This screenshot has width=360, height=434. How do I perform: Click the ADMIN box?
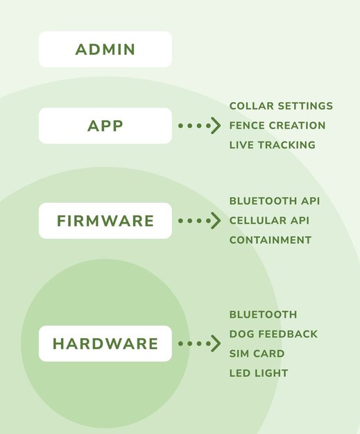105,49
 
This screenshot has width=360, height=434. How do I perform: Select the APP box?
105,126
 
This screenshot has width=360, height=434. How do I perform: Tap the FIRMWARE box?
105,221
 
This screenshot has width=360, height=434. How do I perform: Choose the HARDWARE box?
105,344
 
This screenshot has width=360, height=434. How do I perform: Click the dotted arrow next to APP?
199,126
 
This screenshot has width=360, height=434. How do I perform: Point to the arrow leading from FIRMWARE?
199,221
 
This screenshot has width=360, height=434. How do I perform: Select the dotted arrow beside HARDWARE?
199,344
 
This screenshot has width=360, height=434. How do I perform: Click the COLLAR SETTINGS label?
281,106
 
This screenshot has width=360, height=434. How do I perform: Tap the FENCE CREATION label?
277,126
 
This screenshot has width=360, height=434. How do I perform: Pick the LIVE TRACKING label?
273,145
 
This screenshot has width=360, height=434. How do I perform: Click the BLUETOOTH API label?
275,201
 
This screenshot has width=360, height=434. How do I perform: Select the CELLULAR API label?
269,221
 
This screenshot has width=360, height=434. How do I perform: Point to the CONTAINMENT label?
271,240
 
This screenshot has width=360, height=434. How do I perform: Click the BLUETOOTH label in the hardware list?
263,315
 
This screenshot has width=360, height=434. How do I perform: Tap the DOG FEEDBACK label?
273,334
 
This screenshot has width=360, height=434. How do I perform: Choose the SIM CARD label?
257,353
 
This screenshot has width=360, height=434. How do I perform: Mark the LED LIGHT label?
259,373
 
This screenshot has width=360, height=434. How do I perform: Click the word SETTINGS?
305,106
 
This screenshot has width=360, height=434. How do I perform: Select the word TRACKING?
286,145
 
